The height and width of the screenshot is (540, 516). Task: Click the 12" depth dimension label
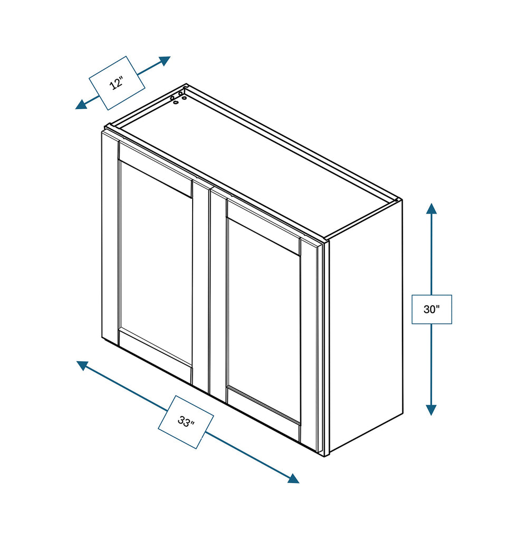click(x=117, y=83)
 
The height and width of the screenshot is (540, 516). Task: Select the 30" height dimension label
click(x=432, y=309)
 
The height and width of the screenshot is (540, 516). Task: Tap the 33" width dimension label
click(x=186, y=422)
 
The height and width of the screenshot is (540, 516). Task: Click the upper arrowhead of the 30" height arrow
click(x=432, y=208)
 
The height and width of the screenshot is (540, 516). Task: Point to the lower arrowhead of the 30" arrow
click(x=432, y=410)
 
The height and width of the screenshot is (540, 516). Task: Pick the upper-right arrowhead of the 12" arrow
click(x=165, y=60)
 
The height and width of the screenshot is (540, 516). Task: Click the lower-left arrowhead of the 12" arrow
click(x=81, y=104)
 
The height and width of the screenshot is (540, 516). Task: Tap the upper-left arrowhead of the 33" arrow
click(x=82, y=364)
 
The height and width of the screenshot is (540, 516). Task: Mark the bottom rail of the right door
click(x=263, y=414)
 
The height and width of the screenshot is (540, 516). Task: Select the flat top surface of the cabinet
click(x=253, y=158)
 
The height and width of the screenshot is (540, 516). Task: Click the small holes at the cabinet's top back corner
click(x=178, y=98)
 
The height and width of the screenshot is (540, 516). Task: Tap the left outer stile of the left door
click(x=110, y=237)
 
